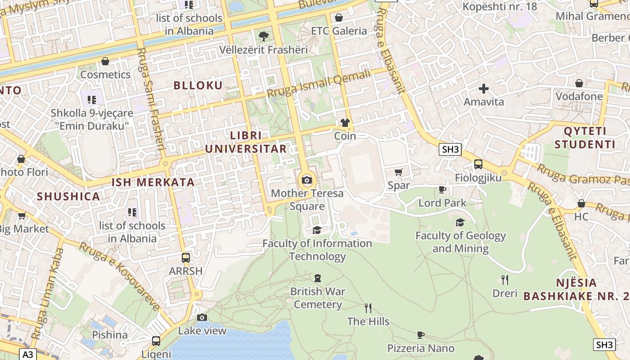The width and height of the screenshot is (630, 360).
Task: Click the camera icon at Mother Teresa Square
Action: click(307, 180)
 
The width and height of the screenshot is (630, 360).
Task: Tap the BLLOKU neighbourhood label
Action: click(198, 85)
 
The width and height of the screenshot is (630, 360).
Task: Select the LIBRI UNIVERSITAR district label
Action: click(246, 142)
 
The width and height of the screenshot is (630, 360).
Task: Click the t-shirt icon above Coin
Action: click(345, 122)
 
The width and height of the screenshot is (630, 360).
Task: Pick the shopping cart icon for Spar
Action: click(398, 172)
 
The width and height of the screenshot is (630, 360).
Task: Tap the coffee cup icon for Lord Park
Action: click(442, 189)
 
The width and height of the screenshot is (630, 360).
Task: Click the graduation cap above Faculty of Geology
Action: click(460, 222)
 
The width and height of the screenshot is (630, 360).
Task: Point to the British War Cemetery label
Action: click(318, 298)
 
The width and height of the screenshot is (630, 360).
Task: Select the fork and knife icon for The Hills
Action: click(368, 308)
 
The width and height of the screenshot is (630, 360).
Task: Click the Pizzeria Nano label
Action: click(421, 348)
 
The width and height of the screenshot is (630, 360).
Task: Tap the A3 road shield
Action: click(27, 354)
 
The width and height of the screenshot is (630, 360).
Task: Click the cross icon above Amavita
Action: click(484, 88)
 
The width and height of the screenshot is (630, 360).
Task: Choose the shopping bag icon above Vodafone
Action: click(579, 83)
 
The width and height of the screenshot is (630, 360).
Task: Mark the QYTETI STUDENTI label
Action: click(585, 138)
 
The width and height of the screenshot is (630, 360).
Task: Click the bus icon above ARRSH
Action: click(185, 258)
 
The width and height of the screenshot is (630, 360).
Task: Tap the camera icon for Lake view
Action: click(202, 317)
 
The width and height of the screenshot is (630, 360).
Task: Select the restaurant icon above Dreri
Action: click(505, 280)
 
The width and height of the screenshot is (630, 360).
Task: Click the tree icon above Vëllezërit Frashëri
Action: click(264, 36)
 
